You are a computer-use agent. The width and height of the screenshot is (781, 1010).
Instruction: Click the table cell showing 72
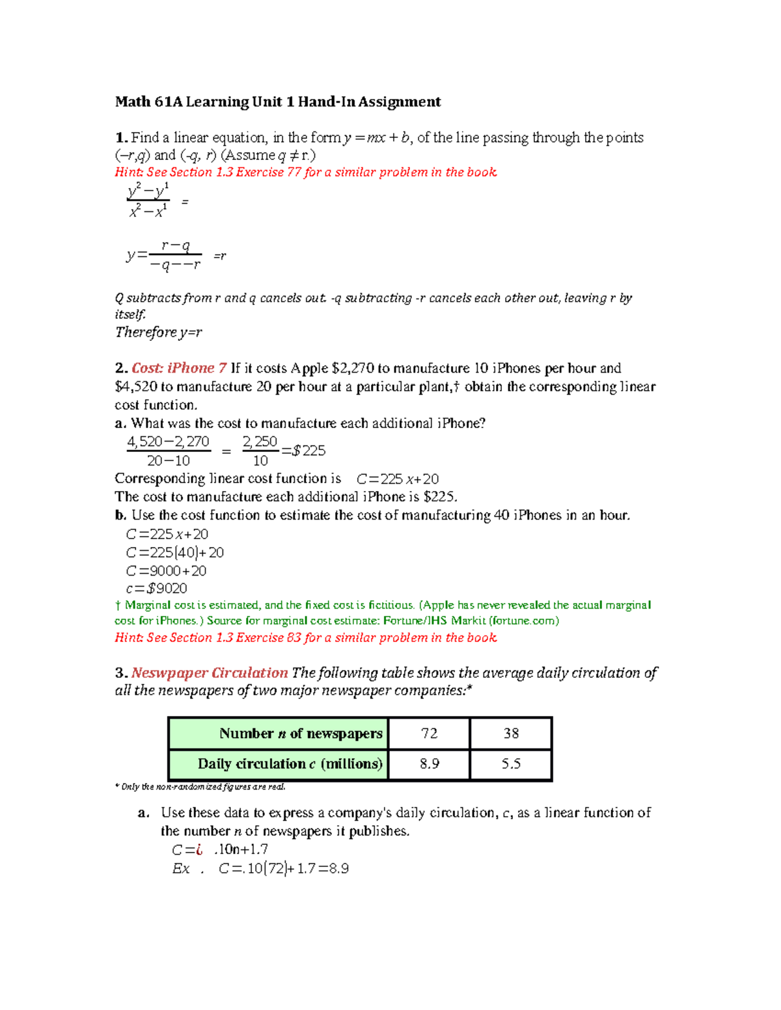[x=429, y=734]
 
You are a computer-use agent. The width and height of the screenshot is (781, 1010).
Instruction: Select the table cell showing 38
[x=511, y=734]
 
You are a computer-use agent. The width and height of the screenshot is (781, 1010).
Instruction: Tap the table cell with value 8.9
[x=429, y=764]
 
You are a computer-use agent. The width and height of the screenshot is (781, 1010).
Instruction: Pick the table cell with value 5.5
[x=511, y=764]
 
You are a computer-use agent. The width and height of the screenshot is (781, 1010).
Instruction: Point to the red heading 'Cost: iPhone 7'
[x=179, y=368]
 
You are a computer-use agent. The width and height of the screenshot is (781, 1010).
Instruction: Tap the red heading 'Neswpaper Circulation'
[x=210, y=673]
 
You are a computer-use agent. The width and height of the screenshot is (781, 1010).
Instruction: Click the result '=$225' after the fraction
[x=303, y=451]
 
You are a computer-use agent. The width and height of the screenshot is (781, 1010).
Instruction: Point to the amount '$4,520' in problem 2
[x=135, y=387]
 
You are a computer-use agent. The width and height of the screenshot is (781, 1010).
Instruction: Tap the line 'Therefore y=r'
[x=158, y=332]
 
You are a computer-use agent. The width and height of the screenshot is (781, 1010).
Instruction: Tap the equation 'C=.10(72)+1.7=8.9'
[x=284, y=869]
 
